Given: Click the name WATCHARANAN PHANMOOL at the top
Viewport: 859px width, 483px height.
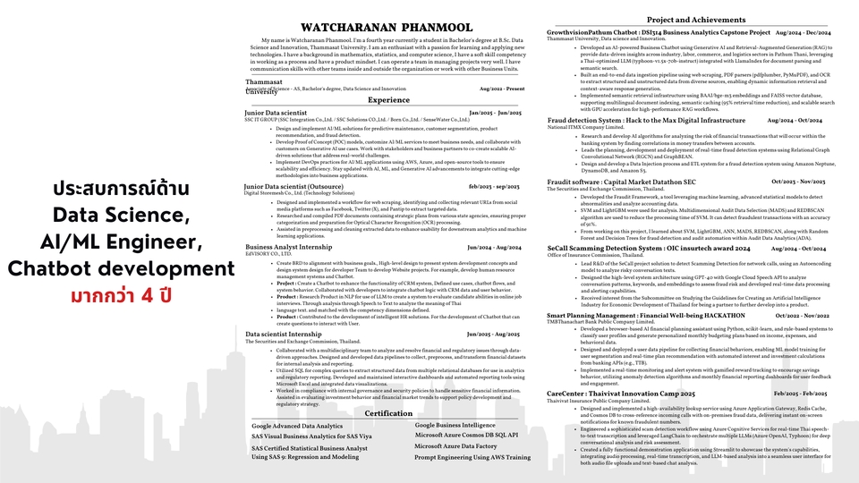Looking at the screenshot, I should pos(387,28).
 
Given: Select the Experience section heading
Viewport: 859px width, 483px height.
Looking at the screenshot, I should pos(388,100).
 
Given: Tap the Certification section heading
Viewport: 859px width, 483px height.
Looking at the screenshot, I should pos(388,413).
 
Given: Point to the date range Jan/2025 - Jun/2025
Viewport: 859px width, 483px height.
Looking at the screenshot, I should pos(494,114).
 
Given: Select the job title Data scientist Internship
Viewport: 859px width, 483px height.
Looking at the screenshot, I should pos(284,334).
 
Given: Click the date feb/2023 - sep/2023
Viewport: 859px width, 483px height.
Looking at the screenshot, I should pos(494,186).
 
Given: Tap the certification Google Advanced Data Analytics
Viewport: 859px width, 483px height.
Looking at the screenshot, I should pos(296,427).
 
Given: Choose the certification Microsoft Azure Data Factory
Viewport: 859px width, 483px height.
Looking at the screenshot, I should pos(455,445).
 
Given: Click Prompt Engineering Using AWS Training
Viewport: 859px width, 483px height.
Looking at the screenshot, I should pos(472,457).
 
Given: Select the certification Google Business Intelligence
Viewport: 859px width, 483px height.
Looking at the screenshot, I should pos(455,425).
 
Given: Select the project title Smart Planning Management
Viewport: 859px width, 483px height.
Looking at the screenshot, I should pos(608,316).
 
